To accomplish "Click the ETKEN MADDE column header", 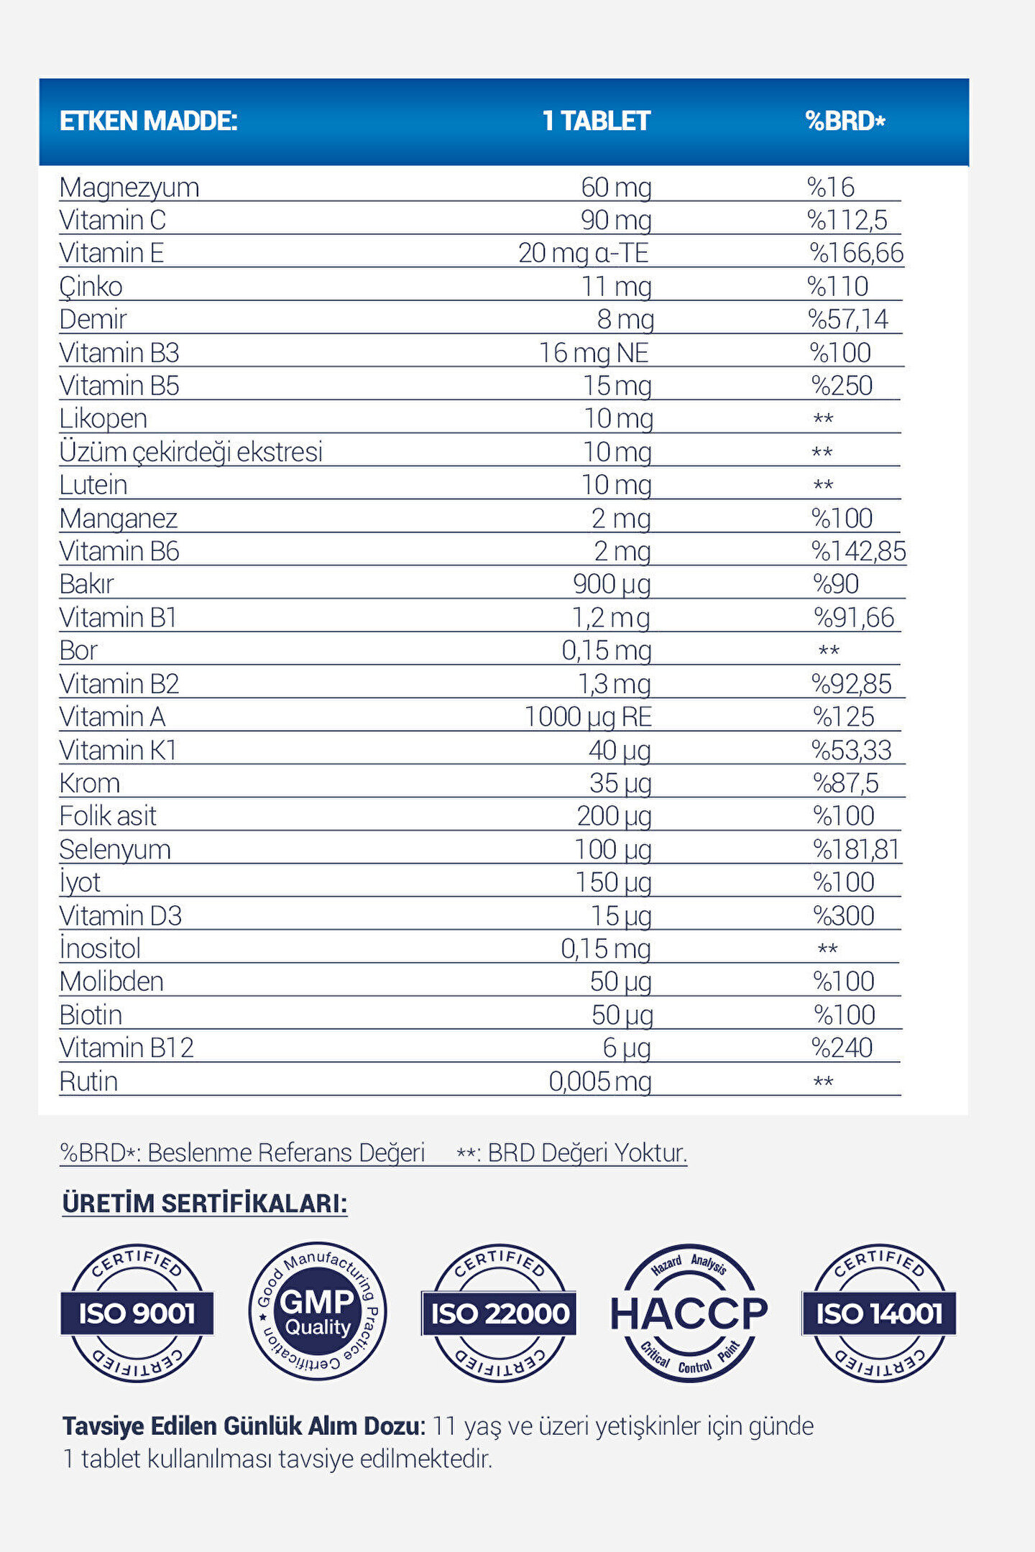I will point(148,121).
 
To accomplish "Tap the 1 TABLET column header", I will point(596,121).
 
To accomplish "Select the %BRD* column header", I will point(845,121).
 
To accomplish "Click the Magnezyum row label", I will point(129,188).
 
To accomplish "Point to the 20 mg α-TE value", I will point(583,253).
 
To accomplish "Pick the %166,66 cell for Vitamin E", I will point(856,253).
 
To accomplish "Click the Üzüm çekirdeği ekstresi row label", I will point(191,452).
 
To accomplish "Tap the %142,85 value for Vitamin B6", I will point(858,551).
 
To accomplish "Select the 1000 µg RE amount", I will point(588,717).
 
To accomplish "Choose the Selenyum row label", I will point(115,849).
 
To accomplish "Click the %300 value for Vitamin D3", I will point(843,915).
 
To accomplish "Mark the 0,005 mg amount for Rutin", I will point(600,1081).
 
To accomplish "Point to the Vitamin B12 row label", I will point(126,1048).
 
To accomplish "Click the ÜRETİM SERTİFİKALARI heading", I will point(205,1203).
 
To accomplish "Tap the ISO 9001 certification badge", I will point(137,1313).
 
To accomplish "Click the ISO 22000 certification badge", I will point(500,1313).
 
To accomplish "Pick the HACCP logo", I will point(689,1313).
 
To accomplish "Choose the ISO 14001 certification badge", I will point(878,1313).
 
